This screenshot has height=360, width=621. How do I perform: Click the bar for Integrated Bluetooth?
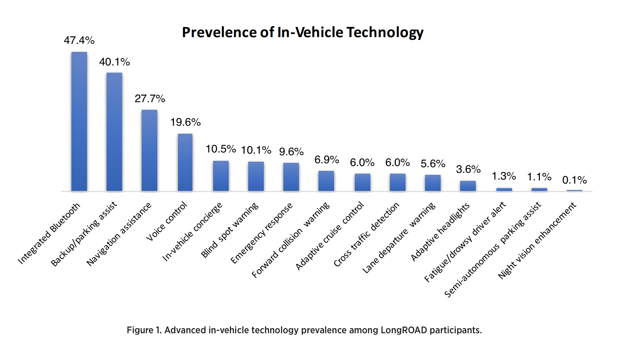click(79, 121)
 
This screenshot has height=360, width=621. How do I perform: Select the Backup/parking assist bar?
click(114, 132)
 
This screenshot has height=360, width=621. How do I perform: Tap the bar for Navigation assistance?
click(149, 150)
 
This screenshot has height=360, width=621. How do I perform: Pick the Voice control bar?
click(185, 162)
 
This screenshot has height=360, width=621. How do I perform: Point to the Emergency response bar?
click(291, 177)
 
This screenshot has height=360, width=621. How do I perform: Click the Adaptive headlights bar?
click(468, 186)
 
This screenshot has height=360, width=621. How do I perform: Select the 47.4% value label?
click(79, 40)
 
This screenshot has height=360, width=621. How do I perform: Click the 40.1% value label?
click(115, 62)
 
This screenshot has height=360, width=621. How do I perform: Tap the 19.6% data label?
click(185, 122)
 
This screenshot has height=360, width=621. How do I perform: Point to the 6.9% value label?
click(326, 160)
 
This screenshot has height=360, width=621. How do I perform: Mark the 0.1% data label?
click(574, 180)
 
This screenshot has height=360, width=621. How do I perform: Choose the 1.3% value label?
click(504, 176)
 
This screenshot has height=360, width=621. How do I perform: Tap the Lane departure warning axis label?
click(399, 238)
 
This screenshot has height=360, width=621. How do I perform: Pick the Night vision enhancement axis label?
click(537, 240)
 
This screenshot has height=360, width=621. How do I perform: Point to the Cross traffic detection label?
click(366, 234)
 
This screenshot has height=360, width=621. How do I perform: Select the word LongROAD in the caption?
click(403, 330)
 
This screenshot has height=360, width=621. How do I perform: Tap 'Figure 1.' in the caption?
click(144, 330)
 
